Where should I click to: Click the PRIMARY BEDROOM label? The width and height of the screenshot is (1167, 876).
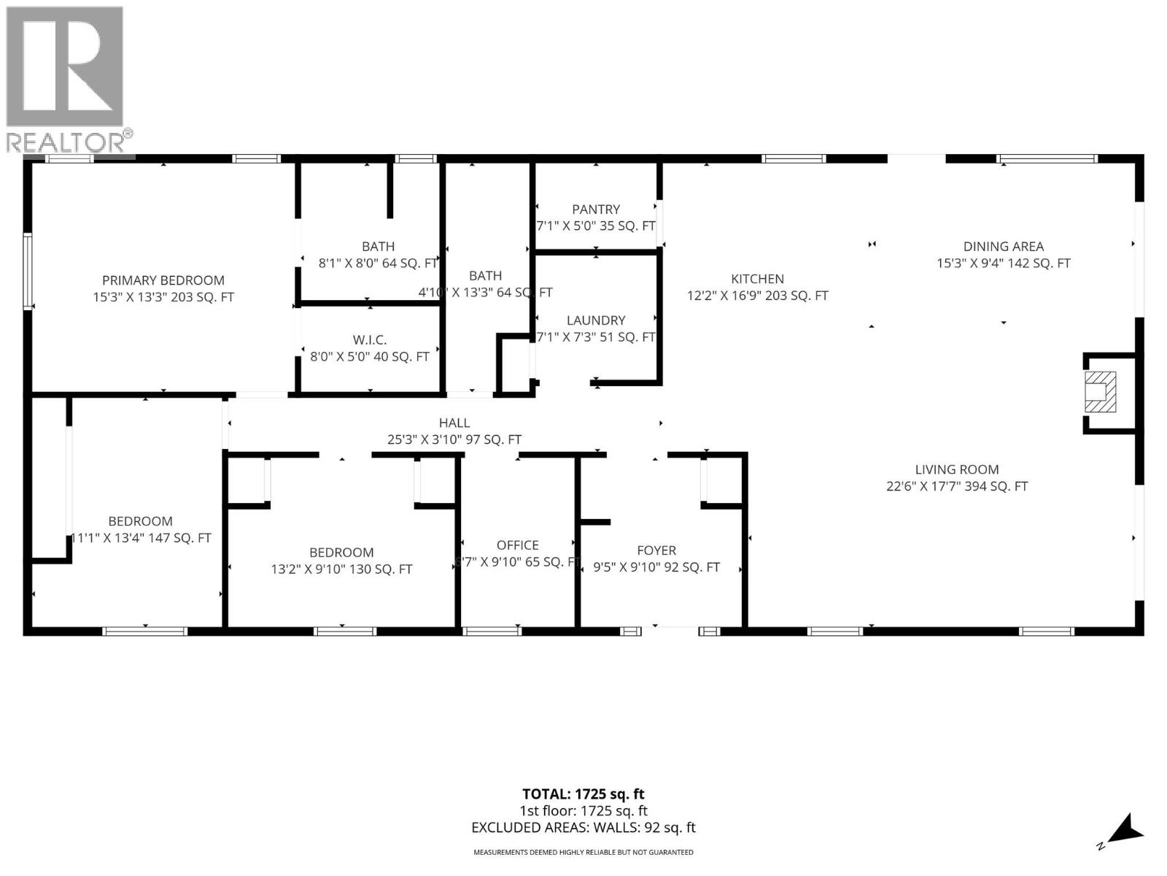tap(163, 280)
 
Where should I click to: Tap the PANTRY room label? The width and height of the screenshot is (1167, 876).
tap(596, 210)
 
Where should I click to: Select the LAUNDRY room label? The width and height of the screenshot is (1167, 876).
tap(596, 320)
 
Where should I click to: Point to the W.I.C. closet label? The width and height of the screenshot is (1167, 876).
tap(370, 340)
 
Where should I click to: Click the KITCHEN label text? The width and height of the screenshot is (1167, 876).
tap(757, 279)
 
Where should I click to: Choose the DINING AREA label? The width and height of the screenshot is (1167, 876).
tap(1003, 247)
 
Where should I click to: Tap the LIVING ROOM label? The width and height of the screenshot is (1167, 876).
tap(957, 470)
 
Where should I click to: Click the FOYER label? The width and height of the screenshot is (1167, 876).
tap(656, 550)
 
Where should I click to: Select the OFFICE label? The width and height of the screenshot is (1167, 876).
tap(517, 545)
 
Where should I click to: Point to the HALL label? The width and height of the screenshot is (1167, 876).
tap(454, 423)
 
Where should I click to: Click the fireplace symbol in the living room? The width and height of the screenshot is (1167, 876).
tap(1100, 392)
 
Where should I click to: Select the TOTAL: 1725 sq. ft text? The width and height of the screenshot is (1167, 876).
tap(583, 794)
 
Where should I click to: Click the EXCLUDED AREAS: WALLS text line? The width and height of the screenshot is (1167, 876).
tap(583, 828)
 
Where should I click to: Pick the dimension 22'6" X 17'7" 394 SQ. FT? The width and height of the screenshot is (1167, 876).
tap(957, 487)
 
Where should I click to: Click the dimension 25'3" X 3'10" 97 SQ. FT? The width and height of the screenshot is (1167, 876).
tap(454, 440)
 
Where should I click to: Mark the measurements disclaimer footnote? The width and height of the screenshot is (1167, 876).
tap(583, 853)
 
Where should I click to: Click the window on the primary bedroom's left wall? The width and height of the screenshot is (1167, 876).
tap(28, 271)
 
